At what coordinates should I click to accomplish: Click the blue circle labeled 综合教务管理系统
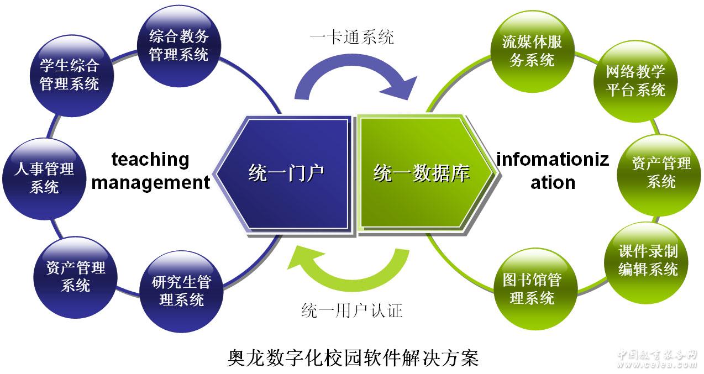178,46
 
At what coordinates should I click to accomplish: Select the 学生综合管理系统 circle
69,75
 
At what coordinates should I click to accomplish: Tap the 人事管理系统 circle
44,177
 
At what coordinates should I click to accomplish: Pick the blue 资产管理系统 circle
76,276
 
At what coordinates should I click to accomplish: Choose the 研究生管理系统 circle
181,291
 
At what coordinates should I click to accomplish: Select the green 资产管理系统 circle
661,172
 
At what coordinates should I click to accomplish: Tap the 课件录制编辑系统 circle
648,260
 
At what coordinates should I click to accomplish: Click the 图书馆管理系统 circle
532,289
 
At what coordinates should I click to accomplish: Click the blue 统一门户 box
285,173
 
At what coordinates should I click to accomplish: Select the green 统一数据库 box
423,173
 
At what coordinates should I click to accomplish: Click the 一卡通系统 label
351,38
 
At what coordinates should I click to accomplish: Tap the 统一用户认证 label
351,311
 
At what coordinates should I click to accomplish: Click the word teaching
150,160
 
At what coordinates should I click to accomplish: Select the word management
150,182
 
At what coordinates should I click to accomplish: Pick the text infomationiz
553,160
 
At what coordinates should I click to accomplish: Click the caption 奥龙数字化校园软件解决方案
353,357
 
